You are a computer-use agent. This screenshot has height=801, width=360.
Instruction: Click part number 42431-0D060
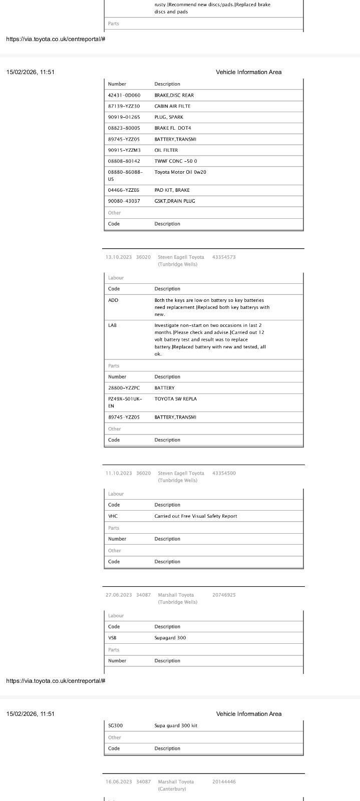pos(124,95)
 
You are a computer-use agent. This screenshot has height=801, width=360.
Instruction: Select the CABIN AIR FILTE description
pos(172,106)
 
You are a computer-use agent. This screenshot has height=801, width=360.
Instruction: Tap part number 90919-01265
pos(124,117)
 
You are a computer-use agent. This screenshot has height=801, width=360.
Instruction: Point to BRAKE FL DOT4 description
pos(173,128)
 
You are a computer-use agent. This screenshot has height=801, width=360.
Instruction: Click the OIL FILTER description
pos(166,150)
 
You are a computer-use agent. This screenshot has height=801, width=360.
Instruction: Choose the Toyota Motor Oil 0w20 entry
pos(180,172)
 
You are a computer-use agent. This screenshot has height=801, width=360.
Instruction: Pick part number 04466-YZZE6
pos(124,190)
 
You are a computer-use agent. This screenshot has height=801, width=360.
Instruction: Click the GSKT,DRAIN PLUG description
pos(175,201)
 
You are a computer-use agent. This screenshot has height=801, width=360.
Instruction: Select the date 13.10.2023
pos(119,257)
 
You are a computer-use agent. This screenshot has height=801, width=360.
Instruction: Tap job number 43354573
pos(224,257)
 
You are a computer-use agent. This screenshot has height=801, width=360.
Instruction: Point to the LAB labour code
pos(113,325)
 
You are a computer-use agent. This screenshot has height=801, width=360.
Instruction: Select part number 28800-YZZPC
pos(124,388)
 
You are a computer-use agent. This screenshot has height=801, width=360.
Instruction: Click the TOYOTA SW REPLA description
pos(176,399)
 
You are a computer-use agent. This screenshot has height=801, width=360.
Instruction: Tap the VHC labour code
pos(113,516)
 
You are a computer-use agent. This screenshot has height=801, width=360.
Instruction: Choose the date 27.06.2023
pos(119,595)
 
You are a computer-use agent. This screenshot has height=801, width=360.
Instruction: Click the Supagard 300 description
pos(170,638)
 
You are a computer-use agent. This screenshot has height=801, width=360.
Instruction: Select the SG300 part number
pos(116,726)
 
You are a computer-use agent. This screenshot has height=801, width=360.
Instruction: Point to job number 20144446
pos(224,782)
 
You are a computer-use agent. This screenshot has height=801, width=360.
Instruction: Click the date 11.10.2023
pos(119,473)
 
